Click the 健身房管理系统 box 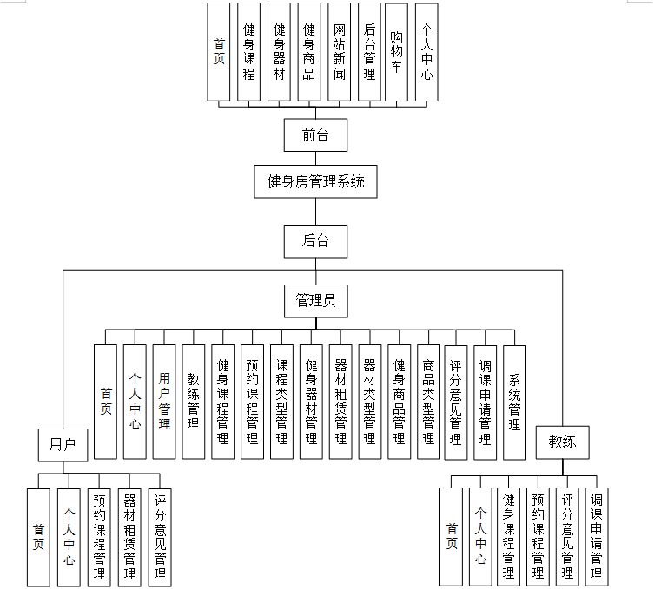click(x=316, y=182)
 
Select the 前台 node click(x=316, y=134)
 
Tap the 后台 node click(x=316, y=241)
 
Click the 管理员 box click(x=316, y=301)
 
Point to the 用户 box click(x=63, y=445)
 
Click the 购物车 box click(x=397, y=52)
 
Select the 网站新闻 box click(x=340, y=52)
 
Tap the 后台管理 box click(x=368, y=52)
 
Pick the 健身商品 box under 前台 click(x=309, y=52)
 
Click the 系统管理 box click(x=514, y=402)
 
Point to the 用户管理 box click(x=164, y=402)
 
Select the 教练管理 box click(x=194, y=402)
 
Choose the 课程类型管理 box click(x=281, y=402)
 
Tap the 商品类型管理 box click(x=427, y=402)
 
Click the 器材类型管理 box click(x=369, y=402)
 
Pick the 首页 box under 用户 click(x=38, y=536)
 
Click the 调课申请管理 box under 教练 click(x=597, y=536)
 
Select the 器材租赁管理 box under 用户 click(x=129, y=536)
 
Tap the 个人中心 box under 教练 click(x=480, y=536)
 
